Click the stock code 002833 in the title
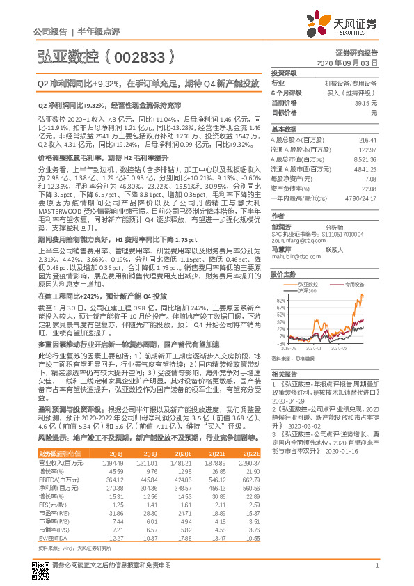[x=143, y=54]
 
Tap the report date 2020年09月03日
[x=350, y=63]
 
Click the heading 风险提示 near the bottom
[x=51, y=436]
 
